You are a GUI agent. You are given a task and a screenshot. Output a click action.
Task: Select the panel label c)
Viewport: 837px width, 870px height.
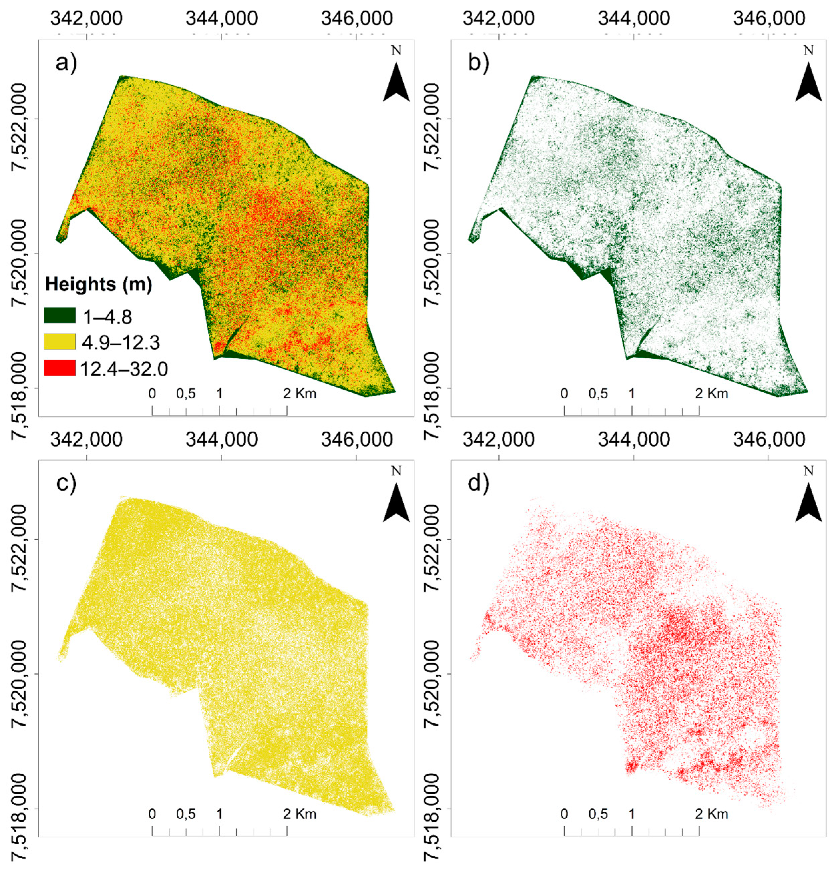click(66, 483)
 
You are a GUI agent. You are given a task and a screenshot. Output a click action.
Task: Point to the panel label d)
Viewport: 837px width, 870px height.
click(479, 483)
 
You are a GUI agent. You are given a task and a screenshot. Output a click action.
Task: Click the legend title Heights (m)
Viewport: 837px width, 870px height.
click(99, 284)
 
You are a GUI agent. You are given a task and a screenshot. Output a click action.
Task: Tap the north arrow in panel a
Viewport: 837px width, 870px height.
click(396, 80)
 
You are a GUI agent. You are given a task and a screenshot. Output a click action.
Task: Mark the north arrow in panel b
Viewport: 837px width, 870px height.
click(809, 80)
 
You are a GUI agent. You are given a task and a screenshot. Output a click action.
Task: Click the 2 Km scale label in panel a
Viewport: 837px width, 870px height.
click(300, 393)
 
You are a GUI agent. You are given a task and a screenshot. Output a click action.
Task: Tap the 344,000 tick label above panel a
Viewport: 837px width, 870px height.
click(221, 19)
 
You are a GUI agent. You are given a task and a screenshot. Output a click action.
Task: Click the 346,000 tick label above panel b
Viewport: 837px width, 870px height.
click(769, 19)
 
